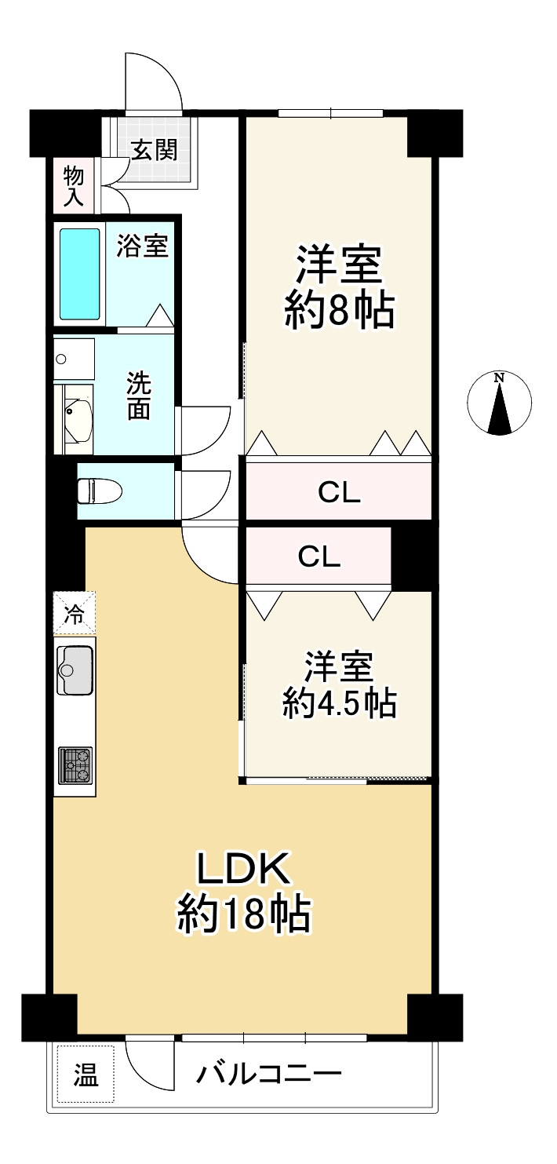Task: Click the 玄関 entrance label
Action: pos(155,150)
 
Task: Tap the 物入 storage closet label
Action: pos(74,187)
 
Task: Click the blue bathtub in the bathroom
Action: pos(79,274)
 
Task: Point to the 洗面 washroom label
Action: pos(139,396)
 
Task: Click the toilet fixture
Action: pos(100,491)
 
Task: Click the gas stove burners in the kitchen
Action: pos(75,765)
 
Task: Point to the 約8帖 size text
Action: pos(339,311)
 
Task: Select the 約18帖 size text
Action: pos(244,915)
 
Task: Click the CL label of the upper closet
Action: pos(339,492)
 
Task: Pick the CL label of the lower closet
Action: pos(319,556)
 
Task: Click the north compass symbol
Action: pos(499,403)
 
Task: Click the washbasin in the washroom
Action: pos(78,417)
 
